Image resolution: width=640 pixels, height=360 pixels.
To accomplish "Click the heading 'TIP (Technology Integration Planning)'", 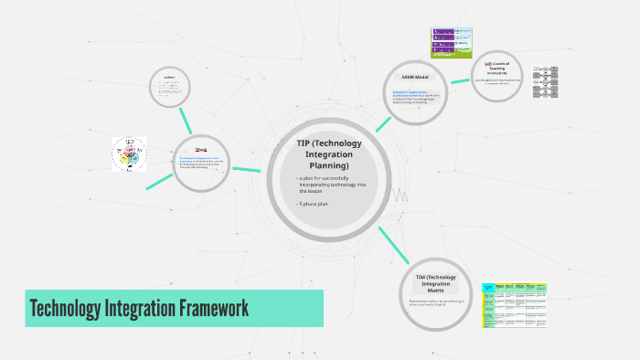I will coord(329,154).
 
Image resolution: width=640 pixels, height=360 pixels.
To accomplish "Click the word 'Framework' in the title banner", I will coord(213,308).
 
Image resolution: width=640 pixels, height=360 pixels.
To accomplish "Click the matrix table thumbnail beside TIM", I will coord(513,303).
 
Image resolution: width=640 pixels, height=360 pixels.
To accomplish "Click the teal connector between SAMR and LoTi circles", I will coord(461,81).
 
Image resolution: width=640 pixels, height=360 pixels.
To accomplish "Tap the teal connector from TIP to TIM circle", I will coord(393,244).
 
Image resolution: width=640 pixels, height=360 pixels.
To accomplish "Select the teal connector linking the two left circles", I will coord(188,120).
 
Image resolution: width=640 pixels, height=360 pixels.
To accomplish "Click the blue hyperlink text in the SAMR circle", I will coord(409,94).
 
